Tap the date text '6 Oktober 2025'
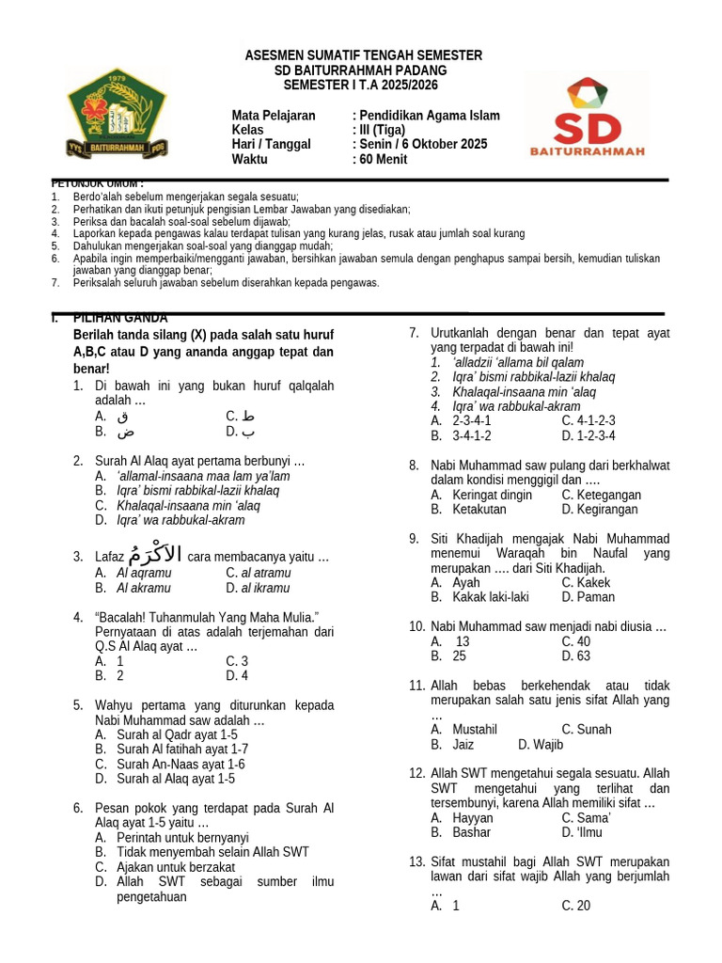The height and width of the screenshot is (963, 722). coord(438,144)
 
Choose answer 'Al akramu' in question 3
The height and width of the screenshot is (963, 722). coord(144,588)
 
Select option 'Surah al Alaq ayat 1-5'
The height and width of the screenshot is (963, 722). coord(176,779)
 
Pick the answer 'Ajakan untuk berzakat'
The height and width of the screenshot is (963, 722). coord(176,867)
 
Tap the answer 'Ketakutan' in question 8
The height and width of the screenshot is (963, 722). coord(479,509)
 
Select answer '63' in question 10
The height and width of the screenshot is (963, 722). coord(583,655)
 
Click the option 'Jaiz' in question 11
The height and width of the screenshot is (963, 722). coord(463,744)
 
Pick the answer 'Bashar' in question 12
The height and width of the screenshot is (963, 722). coord(472,832)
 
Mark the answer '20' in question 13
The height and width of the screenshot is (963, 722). coord(583,906)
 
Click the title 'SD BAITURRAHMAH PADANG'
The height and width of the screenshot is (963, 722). coord(361,71)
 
